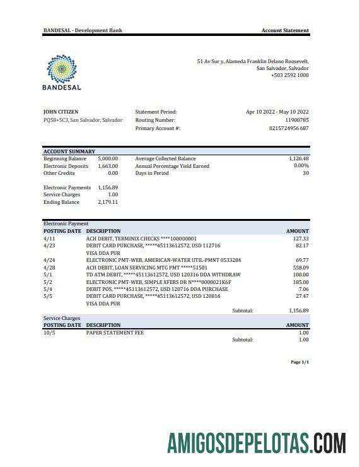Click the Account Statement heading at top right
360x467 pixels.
285,30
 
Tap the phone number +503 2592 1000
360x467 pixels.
289,75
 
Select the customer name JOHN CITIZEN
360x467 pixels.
61,112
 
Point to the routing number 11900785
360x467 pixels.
296,120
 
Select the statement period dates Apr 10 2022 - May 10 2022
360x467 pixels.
277,112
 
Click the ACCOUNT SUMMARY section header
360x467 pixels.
69,151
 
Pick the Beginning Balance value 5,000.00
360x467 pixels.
108,158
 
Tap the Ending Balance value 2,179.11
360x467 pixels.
108,202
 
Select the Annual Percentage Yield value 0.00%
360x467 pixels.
301,165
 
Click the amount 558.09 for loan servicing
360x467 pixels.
300,267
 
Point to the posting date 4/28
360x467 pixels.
49,267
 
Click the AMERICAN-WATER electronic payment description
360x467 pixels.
163,260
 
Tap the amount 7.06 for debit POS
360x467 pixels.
303,288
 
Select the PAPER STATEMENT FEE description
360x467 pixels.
116,332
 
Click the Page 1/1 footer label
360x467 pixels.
299,362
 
